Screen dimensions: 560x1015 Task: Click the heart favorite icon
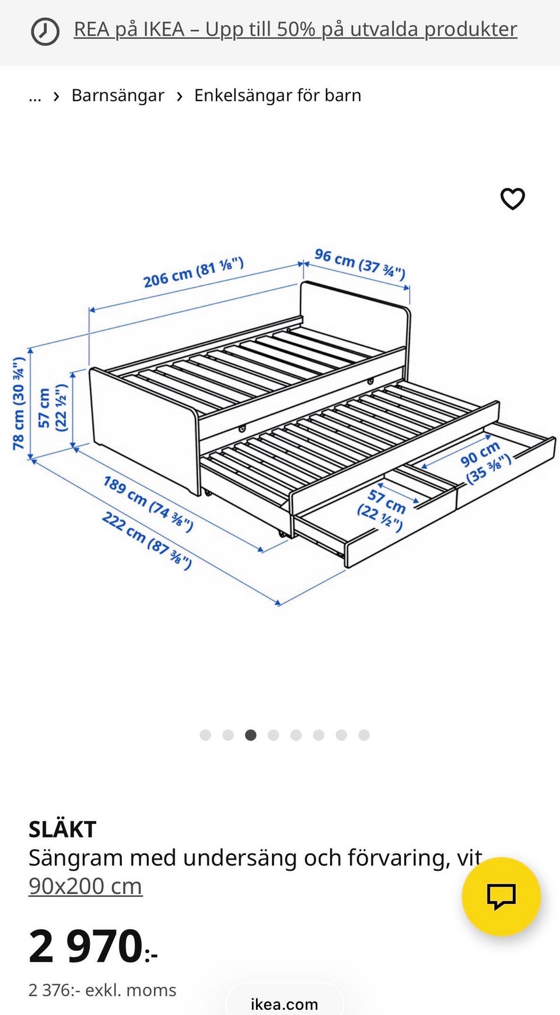[513, 199]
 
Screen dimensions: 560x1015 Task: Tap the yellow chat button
[501, 896]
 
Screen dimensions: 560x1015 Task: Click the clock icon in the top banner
[45, 31]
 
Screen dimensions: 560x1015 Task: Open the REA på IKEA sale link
[295, 29]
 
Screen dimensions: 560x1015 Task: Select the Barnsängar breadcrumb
[118, 95]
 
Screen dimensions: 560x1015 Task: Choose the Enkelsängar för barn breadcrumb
[278, 95]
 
